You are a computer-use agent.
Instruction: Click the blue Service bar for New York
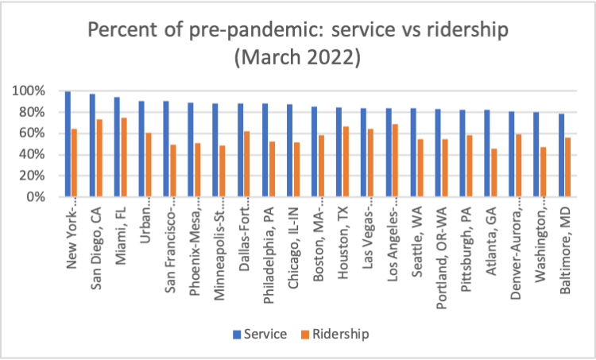68,144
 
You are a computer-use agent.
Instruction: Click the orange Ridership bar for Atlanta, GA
495,172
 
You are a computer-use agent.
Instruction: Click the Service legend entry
259,334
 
